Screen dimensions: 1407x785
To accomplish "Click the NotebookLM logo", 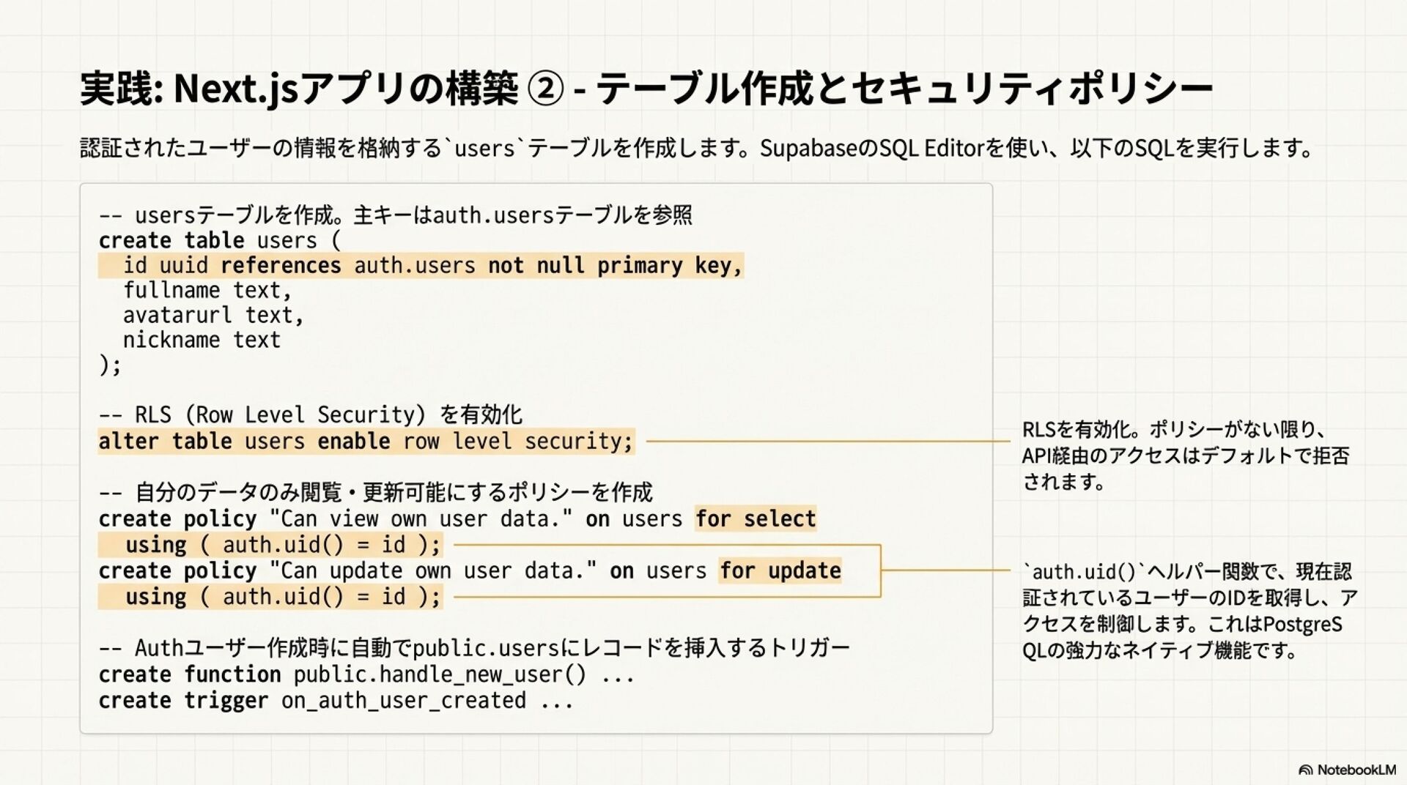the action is click(x=1346, y=770).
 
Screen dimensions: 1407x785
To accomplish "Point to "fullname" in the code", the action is click(x=171, y=291).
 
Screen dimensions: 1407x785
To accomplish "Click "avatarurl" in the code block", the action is click(x=177, y=316).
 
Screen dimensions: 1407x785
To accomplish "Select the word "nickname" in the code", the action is click(x=171, y=341).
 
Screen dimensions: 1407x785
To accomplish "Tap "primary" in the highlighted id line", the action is click(x=639, y=266).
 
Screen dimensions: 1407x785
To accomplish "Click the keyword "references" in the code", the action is click(x=280, y=266).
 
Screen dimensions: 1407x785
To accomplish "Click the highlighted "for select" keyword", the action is click(x=755, y=519).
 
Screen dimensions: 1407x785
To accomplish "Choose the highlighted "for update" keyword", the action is click(x=780, y=571).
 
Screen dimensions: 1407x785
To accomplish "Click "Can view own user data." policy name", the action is click(x=421, y=519).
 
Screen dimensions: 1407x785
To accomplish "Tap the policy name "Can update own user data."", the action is click(x=432, y=571).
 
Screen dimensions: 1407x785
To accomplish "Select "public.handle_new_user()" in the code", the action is click(x=440, y=674).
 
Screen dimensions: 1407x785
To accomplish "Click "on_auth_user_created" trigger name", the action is click(x=403, y=701).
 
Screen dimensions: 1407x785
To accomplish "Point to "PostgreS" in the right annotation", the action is click(x=1302, y=625).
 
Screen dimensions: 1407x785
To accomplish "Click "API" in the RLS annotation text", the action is click(x=1036, y=456).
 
